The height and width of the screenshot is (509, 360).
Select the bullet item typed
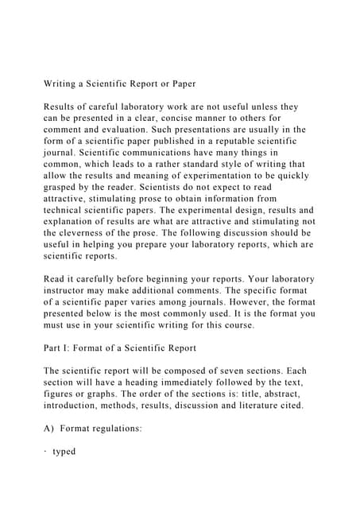click(x=64, y=452)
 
